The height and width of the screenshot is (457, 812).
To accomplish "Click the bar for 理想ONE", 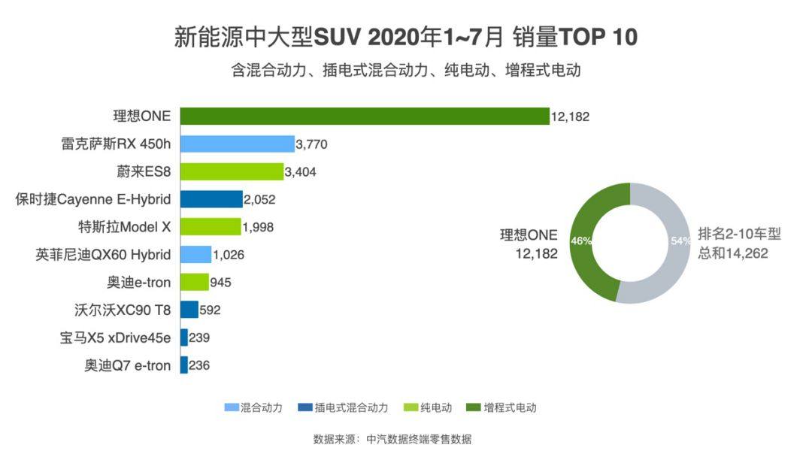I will coord(365,117).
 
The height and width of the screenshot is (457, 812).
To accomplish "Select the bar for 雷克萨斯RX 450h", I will coord(238,144).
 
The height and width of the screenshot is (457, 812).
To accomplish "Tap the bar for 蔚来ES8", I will coord(232,172).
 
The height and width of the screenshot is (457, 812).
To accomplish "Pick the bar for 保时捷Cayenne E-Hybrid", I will coord(211,199).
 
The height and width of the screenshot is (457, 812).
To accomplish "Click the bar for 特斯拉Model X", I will coord(211,227).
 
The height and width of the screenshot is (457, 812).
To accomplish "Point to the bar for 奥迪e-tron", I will coord(195,283).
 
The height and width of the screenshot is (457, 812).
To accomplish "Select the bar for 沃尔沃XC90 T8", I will coord(189,310).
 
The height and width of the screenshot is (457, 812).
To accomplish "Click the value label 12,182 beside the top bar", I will coord(570,117).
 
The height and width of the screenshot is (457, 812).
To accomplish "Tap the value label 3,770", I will coord(312,144).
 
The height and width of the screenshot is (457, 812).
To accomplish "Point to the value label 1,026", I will coord(229,255).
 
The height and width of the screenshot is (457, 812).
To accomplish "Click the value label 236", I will coord(199,365).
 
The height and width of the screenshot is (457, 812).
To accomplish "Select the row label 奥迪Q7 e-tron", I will coord(128,365).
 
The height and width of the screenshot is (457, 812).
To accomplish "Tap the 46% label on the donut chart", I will coord(581,241).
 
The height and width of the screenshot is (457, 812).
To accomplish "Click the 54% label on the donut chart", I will coord(680,241).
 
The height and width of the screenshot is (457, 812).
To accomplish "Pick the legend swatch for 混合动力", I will coord(232,407).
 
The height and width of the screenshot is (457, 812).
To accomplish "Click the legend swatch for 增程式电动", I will coord(474,407).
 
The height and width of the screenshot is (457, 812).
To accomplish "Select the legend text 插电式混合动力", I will coord(352,407).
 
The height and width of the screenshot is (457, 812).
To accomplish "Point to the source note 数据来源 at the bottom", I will coord(392,439).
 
